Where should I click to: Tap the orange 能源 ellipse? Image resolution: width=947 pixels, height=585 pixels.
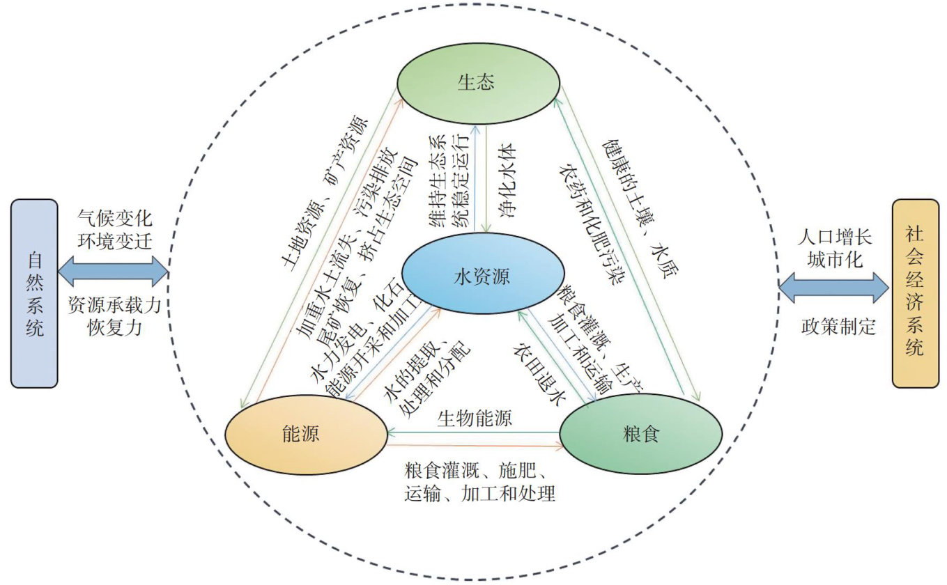click(x=306, y=435)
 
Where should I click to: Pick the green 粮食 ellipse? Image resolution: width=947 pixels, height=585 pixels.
click(x=641, y=435)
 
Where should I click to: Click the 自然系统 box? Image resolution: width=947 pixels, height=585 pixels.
click(x=34, y=293)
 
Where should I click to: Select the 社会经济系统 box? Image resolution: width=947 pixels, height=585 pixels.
click(x=915, y=293)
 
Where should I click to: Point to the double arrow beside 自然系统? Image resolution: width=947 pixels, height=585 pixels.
click(x=113, y=271)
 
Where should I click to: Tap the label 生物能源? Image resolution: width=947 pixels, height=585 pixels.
click(x=475, y=419)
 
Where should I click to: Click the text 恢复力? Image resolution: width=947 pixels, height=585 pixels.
click(x=115, y=327)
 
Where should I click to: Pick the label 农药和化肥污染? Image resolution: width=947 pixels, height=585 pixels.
click(x=593, y=224)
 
